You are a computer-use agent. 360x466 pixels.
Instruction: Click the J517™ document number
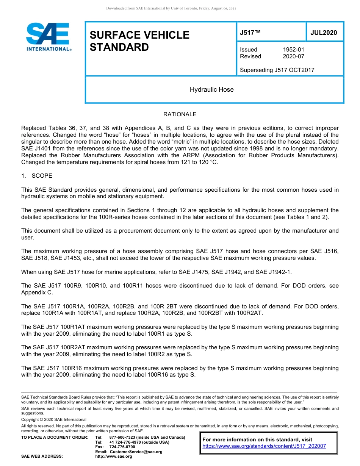[250, 33]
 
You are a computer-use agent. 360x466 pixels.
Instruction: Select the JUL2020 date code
[324, 33]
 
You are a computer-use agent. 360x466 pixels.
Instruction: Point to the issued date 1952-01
[293, 50]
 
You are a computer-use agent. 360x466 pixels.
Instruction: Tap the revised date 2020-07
[293, 56]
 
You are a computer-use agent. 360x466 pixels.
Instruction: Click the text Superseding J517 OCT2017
[277, 70]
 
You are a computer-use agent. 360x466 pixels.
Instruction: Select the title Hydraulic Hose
[211, 90]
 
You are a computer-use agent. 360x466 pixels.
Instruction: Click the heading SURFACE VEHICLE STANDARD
[139, 41]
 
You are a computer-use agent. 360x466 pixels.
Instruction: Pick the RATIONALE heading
[180, 114]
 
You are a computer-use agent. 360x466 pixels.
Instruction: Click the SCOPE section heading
[42, 176]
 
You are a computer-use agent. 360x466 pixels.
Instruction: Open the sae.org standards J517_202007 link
[264, 446]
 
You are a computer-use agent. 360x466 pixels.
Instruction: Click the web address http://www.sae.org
[113, 456]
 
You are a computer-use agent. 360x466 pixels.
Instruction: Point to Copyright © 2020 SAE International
[54, 419]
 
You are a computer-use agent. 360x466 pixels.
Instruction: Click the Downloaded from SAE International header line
[171, 8]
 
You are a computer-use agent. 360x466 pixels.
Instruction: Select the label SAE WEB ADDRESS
[42, 456]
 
